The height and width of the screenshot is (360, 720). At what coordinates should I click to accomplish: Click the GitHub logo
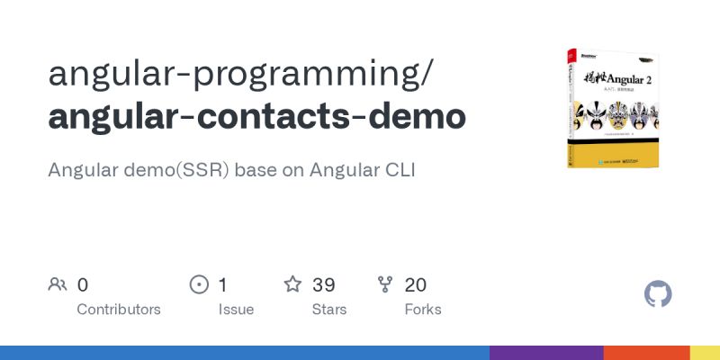pyautogui.click(x=658, y=293)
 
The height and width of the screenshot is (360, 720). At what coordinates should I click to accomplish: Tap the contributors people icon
pyautogui.click(x=58, y=285)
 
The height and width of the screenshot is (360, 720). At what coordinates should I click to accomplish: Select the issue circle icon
pyautogui.click(x=199, y=285)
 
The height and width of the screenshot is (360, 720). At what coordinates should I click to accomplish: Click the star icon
pyautogui.click(x=292, y=285)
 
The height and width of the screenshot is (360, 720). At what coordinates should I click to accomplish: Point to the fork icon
pyautogui.click(x=385, y=285)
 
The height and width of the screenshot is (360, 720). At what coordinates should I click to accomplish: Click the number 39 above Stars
pyautogui.click(x=324, y=285)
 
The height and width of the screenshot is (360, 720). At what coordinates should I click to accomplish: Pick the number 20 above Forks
pyautogui.click(x=416, y=285)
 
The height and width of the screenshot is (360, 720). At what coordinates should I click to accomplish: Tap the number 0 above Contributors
pyautogui.click(x=83, y=285)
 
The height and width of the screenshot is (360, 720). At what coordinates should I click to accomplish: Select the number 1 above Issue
pyautogui.click(x=223, y=285)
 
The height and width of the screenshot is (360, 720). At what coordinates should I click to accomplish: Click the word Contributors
pyautogui.click(x=119, y=310)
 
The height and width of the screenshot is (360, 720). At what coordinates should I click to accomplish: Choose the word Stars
pyautogui.click(x=330, y=310)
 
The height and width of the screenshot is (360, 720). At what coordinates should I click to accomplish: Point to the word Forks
pyautogui.click(x=423, y=310)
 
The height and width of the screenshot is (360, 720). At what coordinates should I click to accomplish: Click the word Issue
pyautogui.click(x=236, y=310)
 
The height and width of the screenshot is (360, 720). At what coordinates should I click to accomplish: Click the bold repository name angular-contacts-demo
pyautogui.click(x=257, y=117)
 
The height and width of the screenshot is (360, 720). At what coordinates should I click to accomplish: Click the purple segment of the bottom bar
pyautogui.click(x=546, y=353)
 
